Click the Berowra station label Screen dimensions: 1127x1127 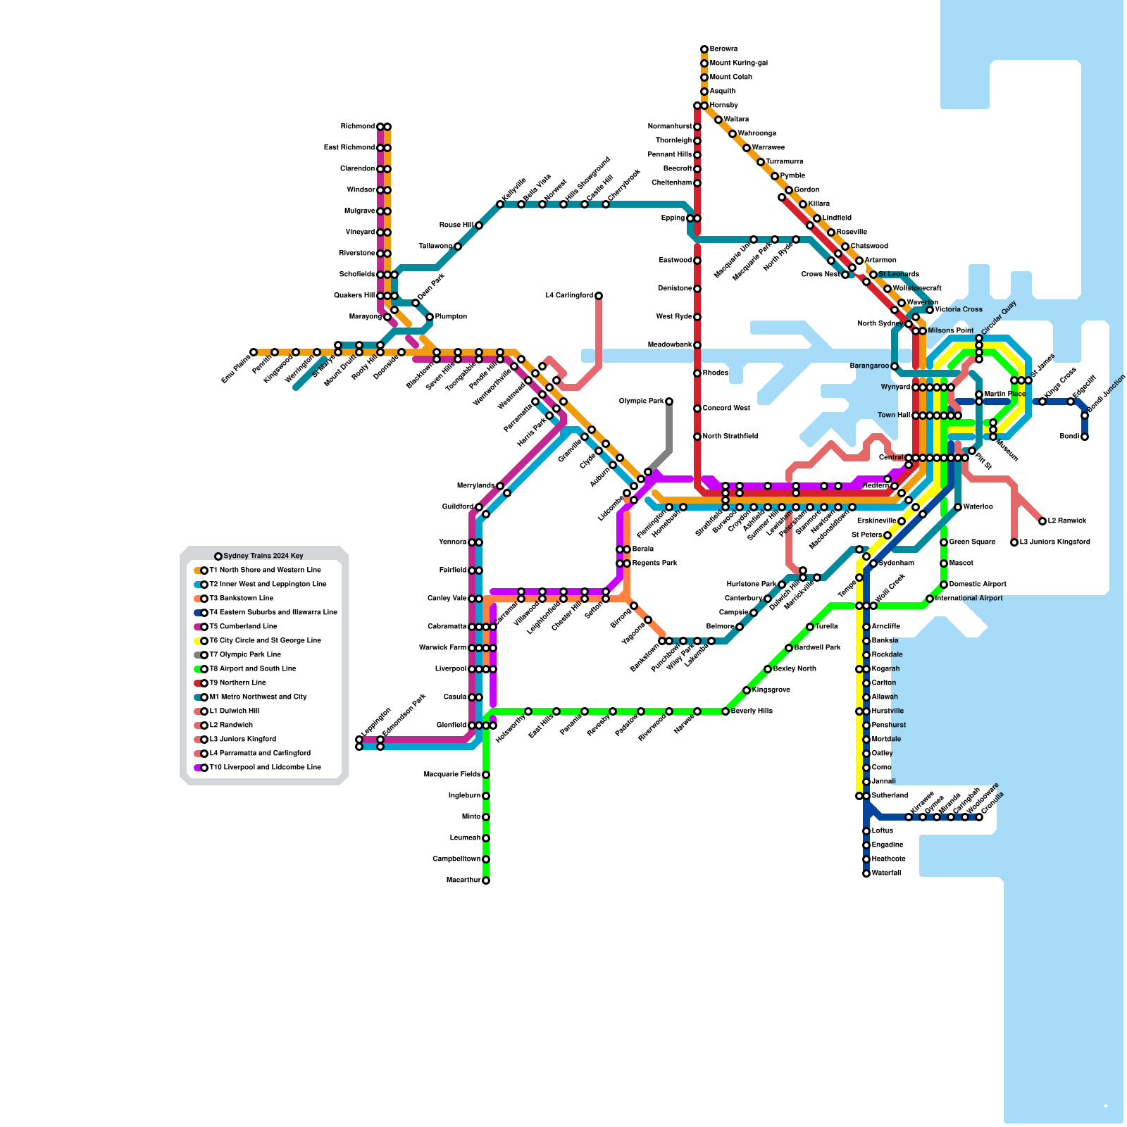pos(723,49)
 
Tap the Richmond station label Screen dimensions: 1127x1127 pos(358,127)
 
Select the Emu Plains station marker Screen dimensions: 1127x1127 pos(254,352)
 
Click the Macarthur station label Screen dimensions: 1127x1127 pos(463,880)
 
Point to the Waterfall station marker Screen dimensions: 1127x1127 pos(866,873)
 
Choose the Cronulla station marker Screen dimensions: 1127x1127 pos(979,817)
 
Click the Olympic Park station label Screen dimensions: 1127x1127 pos(641,401)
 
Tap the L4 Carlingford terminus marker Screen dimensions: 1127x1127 pos(599,296)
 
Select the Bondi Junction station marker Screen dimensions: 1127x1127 pos(1085,416)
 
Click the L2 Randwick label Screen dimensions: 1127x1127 pos(1067,521)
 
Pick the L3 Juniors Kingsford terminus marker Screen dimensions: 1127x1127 pos(1014,542)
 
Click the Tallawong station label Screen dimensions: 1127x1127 pos(435,247)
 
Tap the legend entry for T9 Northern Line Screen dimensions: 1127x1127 pos(237,683)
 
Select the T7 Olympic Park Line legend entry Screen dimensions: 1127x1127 pos(244,655)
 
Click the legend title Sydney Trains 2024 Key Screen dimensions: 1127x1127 pos(263,556)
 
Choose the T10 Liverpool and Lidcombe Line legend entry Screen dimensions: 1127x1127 pos(265,768)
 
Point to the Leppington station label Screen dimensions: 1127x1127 pos(376,724)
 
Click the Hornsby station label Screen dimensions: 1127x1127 pos(723,106)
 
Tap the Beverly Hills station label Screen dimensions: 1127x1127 pos(752,711)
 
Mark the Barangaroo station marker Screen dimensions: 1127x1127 pos(895,366)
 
